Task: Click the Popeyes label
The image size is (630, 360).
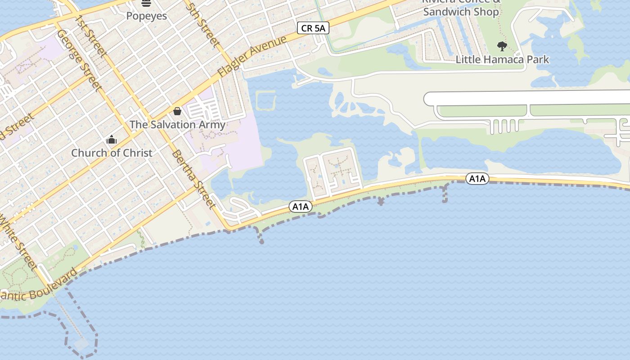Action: [x=146, y=16]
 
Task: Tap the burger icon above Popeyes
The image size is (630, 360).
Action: [x=146, y=4]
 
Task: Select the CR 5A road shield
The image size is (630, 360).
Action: [x=313, y=28]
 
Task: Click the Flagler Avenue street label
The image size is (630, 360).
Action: [x=252, y=56]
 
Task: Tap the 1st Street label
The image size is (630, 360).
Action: [x=91, y=36]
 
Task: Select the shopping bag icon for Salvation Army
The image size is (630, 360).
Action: [x=177, y=111]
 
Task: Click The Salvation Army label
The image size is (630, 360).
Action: [x=177, y=125]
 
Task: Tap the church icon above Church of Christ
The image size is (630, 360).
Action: [x=112, y=140]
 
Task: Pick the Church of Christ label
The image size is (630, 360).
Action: [x=112, y=153]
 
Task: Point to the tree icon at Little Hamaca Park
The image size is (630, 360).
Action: [x=502, y=46]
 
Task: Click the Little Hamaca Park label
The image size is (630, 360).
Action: [x=502, y=59]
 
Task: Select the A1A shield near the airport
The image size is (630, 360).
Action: [x=477, y=179]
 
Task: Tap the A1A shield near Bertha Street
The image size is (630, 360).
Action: [x=301, y=207]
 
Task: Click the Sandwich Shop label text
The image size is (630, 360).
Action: [x=461, y=12]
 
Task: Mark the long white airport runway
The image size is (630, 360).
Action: [x=526, y=98]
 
